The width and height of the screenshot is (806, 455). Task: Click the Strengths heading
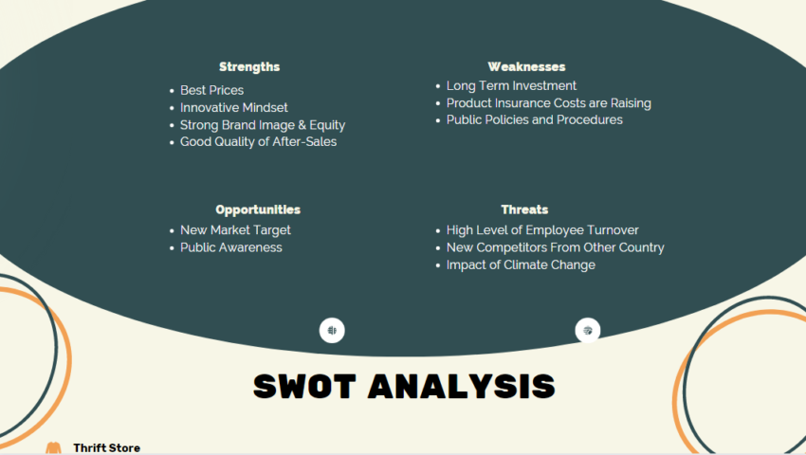249,67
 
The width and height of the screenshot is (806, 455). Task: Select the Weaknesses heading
526,67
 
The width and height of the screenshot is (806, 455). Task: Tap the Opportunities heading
258,209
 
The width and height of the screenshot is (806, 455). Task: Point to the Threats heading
524,209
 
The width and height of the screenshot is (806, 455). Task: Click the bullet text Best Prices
211,90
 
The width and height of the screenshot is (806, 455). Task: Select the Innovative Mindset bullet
233,107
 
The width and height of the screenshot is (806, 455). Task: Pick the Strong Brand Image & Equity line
262,124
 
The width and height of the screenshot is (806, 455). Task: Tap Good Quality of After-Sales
258,141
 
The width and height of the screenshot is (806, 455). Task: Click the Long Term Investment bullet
511,85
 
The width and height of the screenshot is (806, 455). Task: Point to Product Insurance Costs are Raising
548,102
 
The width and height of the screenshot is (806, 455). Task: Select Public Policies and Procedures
534,119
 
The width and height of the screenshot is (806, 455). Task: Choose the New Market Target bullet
235,230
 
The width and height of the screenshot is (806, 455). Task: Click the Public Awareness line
230,247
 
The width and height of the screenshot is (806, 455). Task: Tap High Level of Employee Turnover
542,230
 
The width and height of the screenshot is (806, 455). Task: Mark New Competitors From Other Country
555,247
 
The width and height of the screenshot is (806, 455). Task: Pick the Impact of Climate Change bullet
521,264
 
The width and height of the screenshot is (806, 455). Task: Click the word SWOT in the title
304,386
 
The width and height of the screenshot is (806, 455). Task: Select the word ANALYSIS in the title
461,386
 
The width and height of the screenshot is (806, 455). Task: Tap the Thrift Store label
106,447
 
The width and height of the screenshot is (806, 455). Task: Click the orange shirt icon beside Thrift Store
53,447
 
